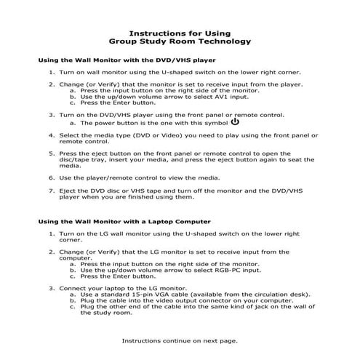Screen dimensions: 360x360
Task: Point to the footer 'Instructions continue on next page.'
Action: [179, 340]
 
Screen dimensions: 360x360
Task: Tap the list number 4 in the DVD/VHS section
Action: [52, 135]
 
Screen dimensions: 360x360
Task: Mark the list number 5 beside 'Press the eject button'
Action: [52, 153]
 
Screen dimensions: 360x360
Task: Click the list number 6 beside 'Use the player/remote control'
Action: [52, 177]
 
